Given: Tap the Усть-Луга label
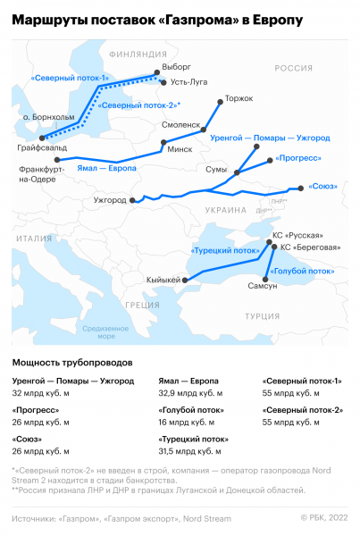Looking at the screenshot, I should pos(188,81).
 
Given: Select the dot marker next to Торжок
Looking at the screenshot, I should pos(221,102).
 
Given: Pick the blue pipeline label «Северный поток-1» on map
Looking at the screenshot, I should pos(71,79).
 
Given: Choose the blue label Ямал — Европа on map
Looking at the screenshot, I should pos(107,168).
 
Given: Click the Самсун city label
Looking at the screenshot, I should pos(264,286).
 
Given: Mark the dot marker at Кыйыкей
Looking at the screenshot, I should pos(185,281).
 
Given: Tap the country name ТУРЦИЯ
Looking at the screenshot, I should pos(263,316).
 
